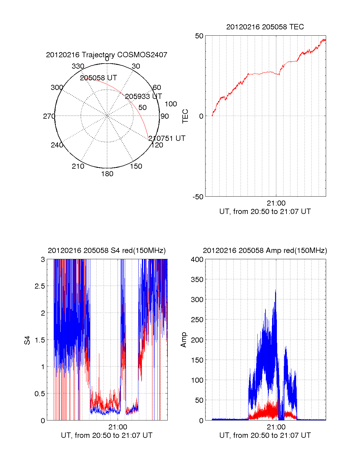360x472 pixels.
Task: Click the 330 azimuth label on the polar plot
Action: click(x=78, y=66)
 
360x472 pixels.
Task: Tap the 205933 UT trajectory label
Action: click(x=143, y=96)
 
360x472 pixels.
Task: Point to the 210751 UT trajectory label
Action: click(x=167, y=138)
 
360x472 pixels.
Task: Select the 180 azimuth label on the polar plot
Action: click(x=107, y=174)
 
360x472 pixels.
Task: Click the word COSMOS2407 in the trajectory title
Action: click(x=142, y=55)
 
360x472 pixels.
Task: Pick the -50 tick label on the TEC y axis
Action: click(x=198, y=197)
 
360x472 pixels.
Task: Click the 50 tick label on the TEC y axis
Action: click(x=199, y=36)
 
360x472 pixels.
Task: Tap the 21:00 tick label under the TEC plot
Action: click(x=276, y=203)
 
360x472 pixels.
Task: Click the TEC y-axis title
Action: click(x=185, y=116)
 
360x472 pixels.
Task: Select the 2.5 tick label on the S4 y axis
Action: click(x=40, y=286)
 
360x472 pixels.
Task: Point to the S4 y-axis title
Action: click(x=27, y=340)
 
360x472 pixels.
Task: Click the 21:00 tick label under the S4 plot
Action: click(x=118, y=427)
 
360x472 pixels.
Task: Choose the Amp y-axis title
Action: click(x=183, y=340)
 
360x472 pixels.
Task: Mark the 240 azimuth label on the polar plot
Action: click(x=57, y=145)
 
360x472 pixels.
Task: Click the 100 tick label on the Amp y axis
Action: click(x=197, y=380)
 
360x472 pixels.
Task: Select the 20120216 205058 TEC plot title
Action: click(x=265, y=27)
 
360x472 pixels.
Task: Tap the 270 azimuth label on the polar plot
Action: click(x=49, y=116)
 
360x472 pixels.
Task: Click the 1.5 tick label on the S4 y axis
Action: click(x=40, y=340)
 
